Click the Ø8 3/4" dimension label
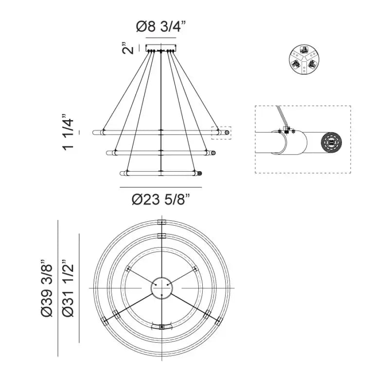[161, 27]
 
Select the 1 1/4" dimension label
[68, 132]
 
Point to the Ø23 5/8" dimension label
[161, 199]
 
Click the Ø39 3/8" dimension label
[47, 288]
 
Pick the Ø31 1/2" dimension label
[68, 288]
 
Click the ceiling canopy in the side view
[161, 48]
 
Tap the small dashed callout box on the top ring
[221, 133]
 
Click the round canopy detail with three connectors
[304, 59]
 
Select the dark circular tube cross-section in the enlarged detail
[332, 143]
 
